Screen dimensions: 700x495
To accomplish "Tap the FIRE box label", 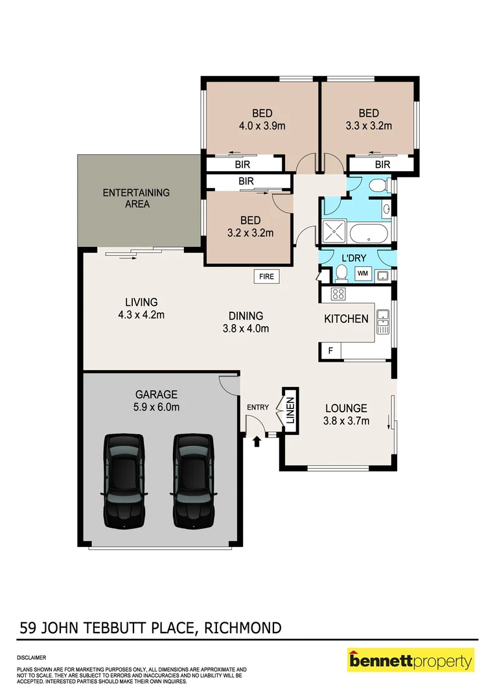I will pyautogui.click(x=267, y=277).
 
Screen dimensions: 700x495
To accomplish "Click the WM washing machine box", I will pyautogui.click(x=362, y=274).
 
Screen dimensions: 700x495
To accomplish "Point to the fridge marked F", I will pyautogui.click(x=330, y=351).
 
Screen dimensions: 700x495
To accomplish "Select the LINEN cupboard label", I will pyautogui.click(x=290, y=410).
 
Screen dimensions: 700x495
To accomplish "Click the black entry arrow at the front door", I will pyautogui.click(x=257, y=441).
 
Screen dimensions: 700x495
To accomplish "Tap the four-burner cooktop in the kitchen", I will pyautogui.click(x=338, y=294).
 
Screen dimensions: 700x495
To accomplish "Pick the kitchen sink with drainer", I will pyautogui.click(x=383, y=321).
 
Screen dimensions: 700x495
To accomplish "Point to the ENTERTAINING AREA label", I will pyautogui.click(x=136, y=198).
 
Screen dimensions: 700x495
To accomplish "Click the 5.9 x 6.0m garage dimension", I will pyautogui.click(x=157, y=407).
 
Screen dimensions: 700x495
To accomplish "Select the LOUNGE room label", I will pyautogui.click(x=346, y=408).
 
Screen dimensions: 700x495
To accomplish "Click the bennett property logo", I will pyautogui.click(x=411, y=661).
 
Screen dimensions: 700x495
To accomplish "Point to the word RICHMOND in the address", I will pyautogui.click(x=243, y=627).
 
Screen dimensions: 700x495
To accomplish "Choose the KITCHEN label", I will pyautogui.click(x=347, y=319).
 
